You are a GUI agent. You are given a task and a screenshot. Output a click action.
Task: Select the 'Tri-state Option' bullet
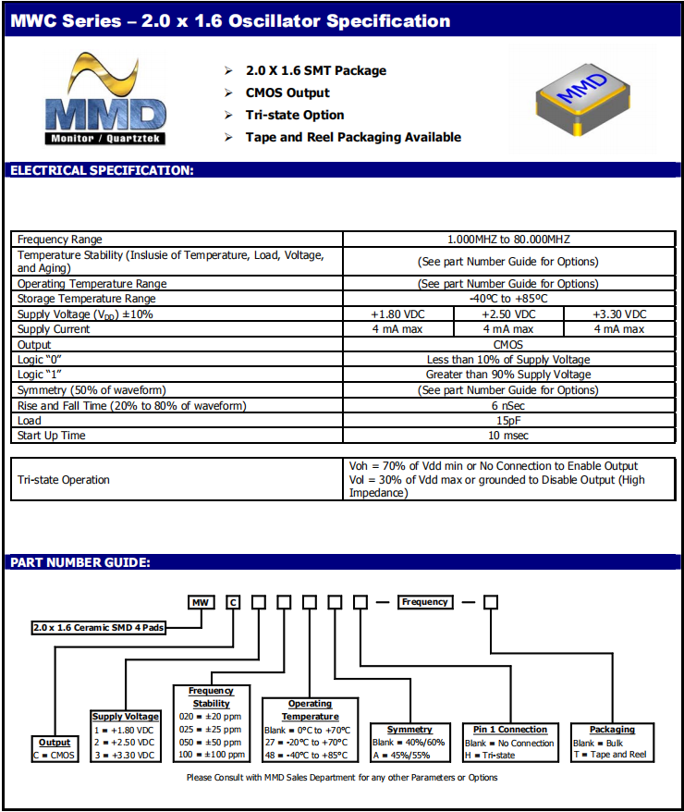[295, 115]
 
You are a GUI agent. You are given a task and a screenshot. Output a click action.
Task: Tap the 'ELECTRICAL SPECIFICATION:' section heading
[102, 170]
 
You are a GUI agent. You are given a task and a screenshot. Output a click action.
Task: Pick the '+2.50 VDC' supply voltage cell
[508, 314]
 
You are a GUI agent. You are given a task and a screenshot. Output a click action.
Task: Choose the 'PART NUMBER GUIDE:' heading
[80, 562]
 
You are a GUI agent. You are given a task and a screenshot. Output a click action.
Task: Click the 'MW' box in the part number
[201, 603]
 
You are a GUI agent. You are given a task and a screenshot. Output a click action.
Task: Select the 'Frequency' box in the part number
[425, 602]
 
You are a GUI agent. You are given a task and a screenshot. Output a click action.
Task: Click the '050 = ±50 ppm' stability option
[212, 742]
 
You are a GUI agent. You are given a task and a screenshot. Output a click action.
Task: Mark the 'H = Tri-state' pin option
[490, 756]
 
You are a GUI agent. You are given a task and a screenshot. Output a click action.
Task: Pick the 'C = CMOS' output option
[55, 755]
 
